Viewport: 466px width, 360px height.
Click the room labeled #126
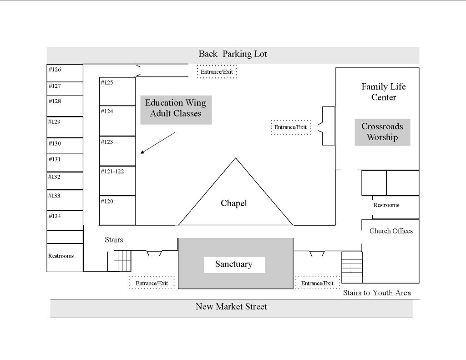(65, 73)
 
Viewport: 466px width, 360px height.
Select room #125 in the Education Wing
(117, 91)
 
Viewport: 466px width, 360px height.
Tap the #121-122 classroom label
(112, 171)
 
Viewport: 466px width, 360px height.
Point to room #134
(65, 220)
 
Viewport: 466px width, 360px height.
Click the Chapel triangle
(236, 202)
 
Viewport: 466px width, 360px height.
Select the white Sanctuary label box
(234, 264)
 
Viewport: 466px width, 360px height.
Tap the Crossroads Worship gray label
(382, 132)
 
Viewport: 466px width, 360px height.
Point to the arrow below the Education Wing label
(157, 143)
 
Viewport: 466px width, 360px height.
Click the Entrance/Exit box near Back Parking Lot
(217, 71)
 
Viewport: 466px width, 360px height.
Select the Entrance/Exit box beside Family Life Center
(291, 127)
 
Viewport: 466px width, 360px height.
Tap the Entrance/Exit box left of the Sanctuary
(152, 283)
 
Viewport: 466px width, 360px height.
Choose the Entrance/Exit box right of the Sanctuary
(317, 283)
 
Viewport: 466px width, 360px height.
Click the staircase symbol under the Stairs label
(122, 261)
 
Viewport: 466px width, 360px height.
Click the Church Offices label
(391, 231)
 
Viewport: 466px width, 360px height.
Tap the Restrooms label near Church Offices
(386, 205)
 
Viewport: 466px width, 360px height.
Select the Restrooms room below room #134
(65, 258)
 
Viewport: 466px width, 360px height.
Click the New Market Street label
(231, 306)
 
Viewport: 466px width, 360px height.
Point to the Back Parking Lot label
(233, 54)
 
